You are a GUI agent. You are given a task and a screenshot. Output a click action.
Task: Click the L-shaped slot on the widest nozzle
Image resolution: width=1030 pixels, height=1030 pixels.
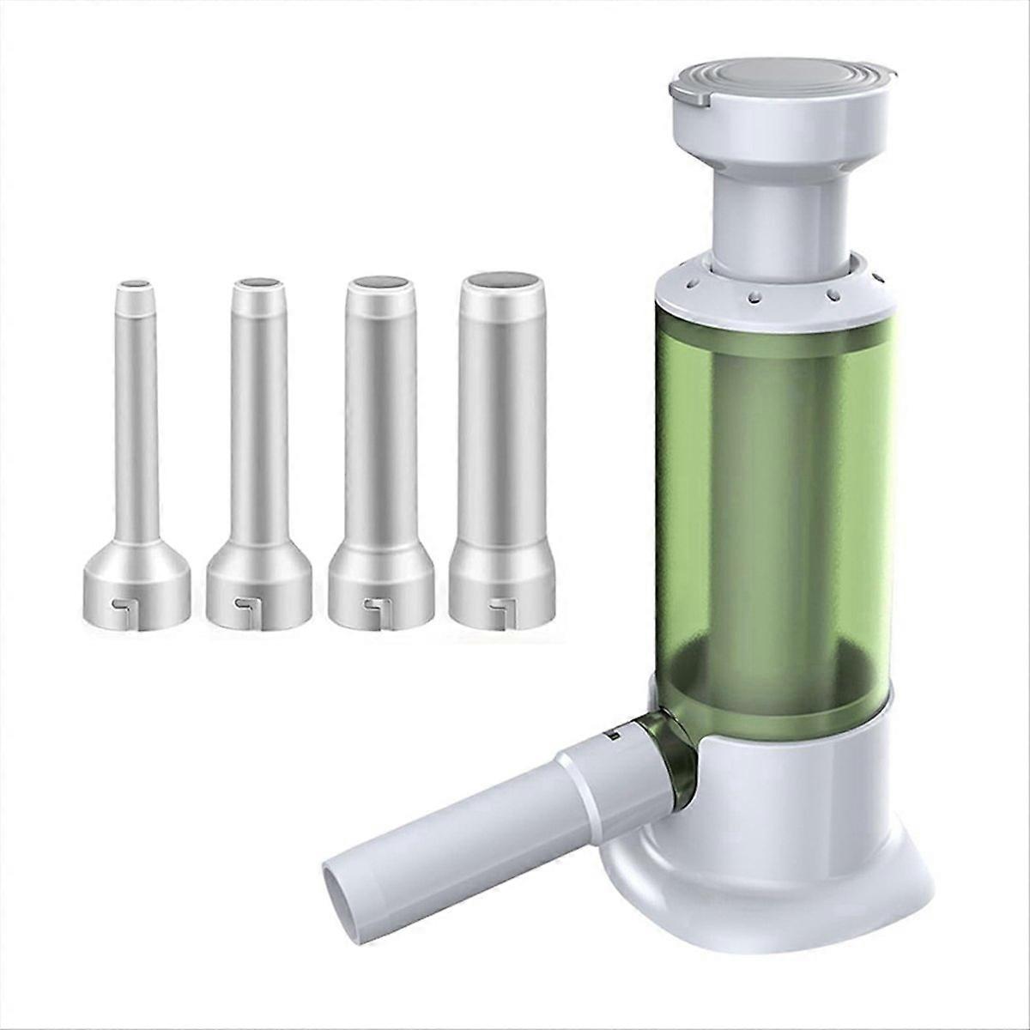(495, 612)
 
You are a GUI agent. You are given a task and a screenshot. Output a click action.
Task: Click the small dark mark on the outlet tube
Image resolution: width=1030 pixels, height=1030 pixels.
(615, 735)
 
